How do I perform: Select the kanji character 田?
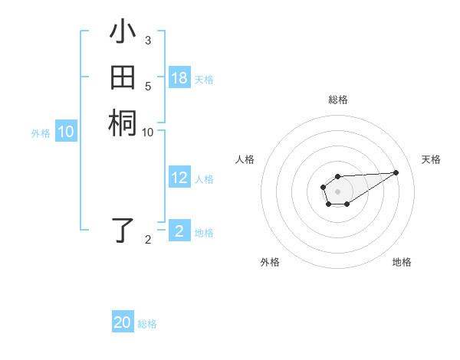point(123,78)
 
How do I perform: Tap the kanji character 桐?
point(123,123)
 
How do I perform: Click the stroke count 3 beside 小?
point(147,40)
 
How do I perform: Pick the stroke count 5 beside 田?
point(147,86)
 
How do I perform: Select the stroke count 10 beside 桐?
point(147,132)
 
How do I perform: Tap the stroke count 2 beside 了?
point(147,240)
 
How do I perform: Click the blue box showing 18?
point(179,78)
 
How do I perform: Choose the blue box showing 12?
point(179,178)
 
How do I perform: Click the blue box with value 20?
point(123,322)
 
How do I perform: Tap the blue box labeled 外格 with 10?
point(66,132)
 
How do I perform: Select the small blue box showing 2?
point(179,231)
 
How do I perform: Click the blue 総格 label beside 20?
point(148,324)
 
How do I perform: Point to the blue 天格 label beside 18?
point(204,80)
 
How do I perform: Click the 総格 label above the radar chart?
point(338,100)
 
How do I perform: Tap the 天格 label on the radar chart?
point(431,159)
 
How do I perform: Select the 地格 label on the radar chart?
point(402,262)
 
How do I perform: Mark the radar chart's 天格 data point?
point(396,172)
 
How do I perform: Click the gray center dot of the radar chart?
point(337,191)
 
